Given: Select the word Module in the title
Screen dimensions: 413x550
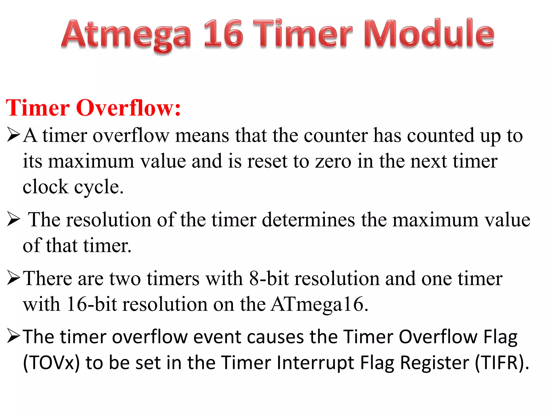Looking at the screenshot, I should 429,34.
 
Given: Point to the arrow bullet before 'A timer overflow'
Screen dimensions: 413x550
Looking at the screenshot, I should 13,135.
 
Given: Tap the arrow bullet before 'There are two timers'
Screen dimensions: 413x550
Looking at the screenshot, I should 13,278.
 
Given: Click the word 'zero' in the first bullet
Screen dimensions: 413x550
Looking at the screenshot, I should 333,161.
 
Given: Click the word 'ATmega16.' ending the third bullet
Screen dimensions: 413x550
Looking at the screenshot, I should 319,304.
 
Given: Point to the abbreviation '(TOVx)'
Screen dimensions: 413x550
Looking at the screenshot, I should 51,363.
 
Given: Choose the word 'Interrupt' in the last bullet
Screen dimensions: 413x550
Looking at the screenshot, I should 315,363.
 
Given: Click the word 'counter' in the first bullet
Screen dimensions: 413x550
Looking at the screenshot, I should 336,135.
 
